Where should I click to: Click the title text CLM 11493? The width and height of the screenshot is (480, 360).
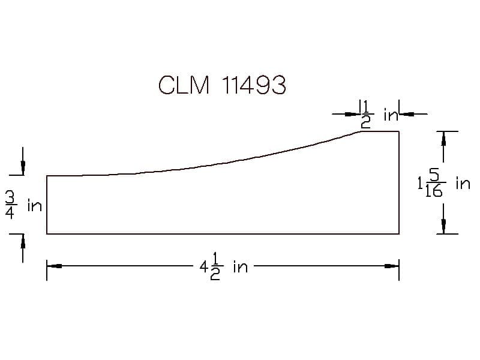(222, 85)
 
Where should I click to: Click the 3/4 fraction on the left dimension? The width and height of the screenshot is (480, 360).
(10, 206)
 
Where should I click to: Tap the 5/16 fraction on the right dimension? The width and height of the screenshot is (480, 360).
(434, 183)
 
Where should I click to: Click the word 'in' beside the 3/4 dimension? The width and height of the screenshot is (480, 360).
(35, 205)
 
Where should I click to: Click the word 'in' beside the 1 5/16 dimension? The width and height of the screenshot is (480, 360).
(463, 183)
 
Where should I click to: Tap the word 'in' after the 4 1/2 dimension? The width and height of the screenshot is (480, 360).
(241, 266)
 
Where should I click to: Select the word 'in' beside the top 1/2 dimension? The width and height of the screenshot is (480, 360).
(391, 115)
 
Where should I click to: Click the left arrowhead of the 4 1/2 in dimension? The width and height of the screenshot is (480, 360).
(54, 266)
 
